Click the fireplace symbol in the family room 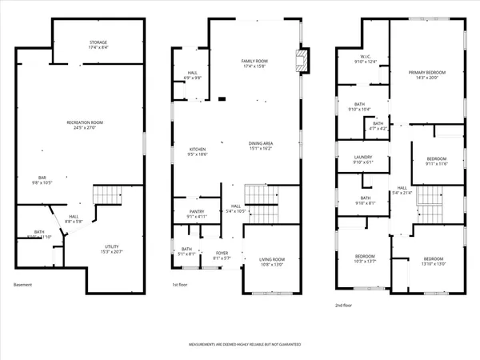pyautogui.click(x=301, y=60)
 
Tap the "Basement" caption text pyautogui.click(x=24, y=286)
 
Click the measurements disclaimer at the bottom pyautogui.click(x=245, y=346)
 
